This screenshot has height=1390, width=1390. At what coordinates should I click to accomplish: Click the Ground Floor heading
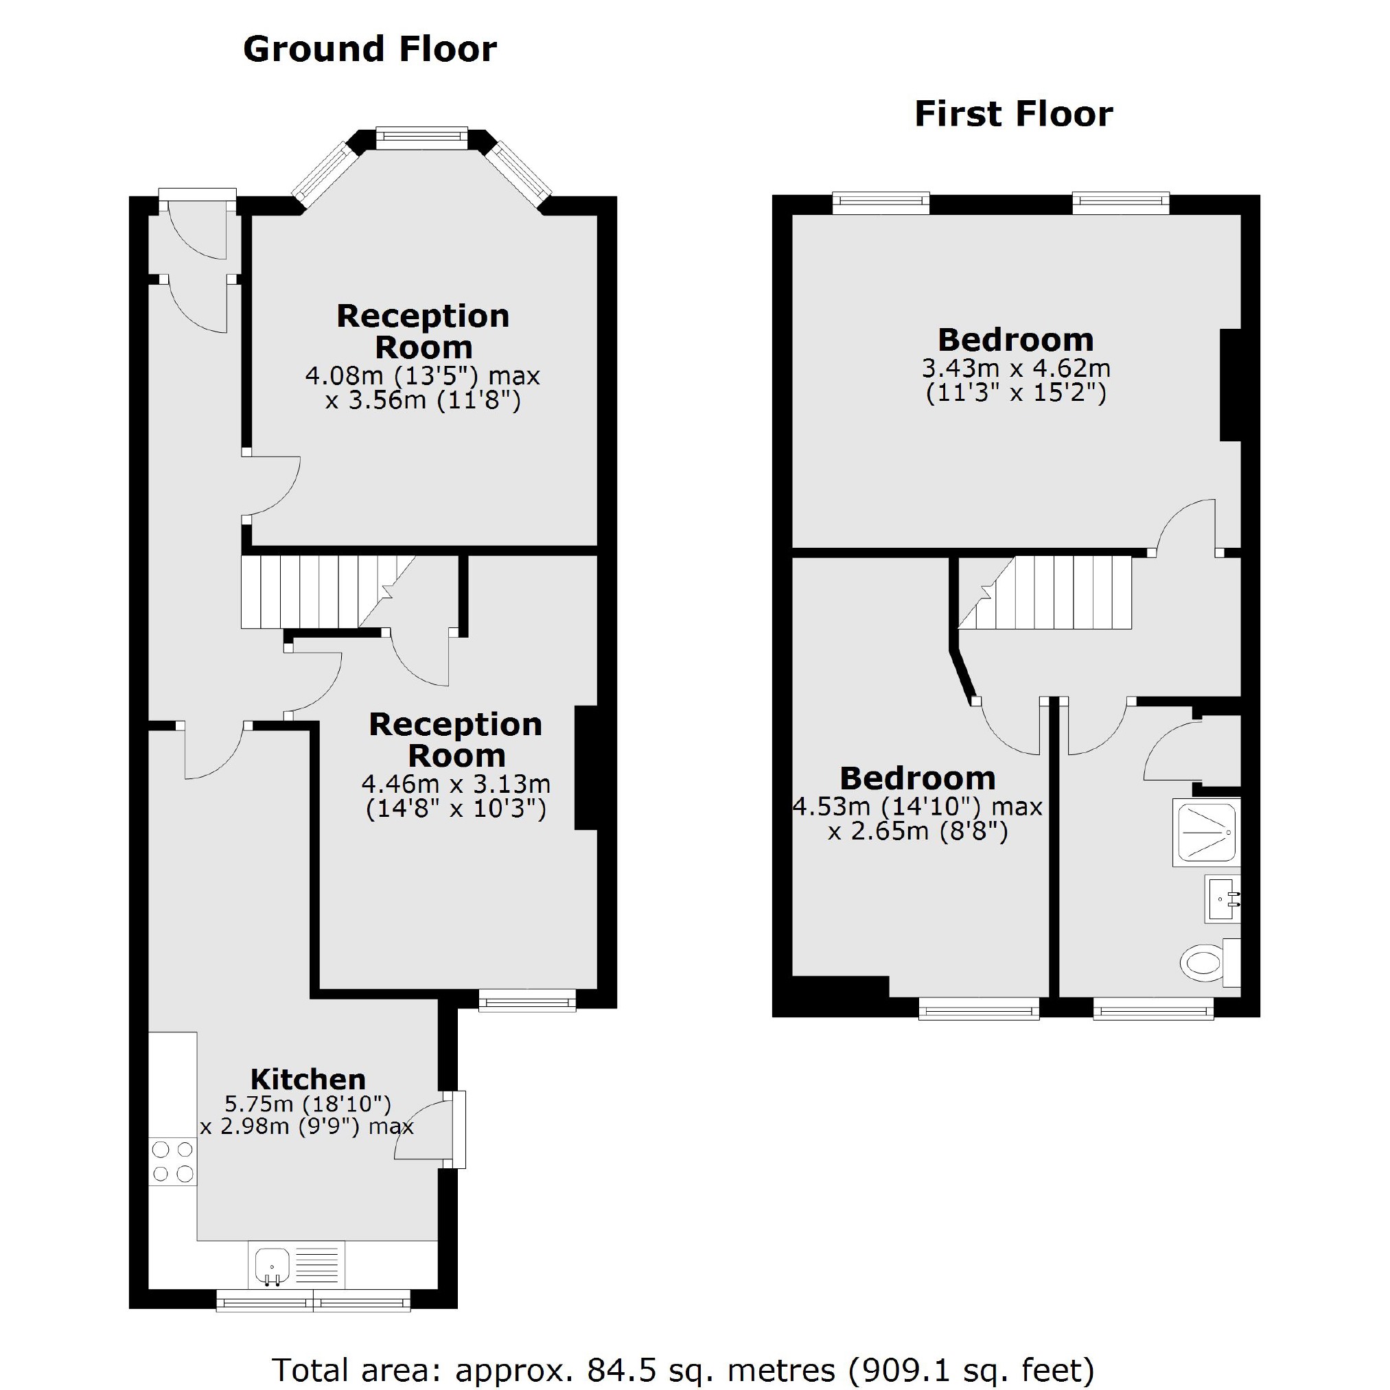pos(370,49)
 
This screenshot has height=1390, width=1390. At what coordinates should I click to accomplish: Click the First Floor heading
pos(1013,115)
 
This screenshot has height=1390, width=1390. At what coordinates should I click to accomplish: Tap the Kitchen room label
pos(308,1079)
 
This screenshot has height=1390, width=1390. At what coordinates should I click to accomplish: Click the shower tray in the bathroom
pos(1206,833)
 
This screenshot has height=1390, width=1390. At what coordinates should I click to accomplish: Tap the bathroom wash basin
pos(1223,899)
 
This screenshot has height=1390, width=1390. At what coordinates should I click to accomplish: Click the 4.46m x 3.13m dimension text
pos(455,783)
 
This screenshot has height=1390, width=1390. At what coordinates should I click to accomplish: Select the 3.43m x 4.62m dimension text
pos(1016,369)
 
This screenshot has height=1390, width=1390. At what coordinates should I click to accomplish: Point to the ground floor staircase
pos(316,592)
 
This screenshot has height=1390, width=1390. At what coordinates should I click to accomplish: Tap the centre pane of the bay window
pos(421,138)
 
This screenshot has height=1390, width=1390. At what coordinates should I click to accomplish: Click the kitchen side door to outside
pos(453,1130)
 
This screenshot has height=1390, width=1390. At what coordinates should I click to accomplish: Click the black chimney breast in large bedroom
pos(1230,384)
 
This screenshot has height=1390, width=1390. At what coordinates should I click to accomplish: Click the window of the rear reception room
pos(527,1000)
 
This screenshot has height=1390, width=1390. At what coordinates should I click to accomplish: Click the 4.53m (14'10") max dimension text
pos(917,807)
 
